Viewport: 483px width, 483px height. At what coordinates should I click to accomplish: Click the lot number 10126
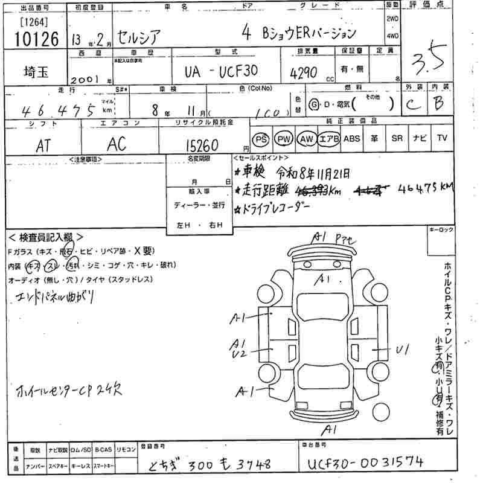click(x=35, y=40)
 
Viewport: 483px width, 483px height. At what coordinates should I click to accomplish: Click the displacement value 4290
click(x=303, y=72)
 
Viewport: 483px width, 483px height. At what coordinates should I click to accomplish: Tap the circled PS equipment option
click(x=261, y=139)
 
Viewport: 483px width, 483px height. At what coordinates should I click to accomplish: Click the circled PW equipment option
click(x=283, y=139)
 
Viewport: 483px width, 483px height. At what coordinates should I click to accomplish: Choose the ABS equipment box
click(x=351, y=139)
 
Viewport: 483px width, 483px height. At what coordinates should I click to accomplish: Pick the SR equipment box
click(x=397, y=139)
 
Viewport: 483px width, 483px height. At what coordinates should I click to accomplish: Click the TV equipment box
click(x=443, y=139)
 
